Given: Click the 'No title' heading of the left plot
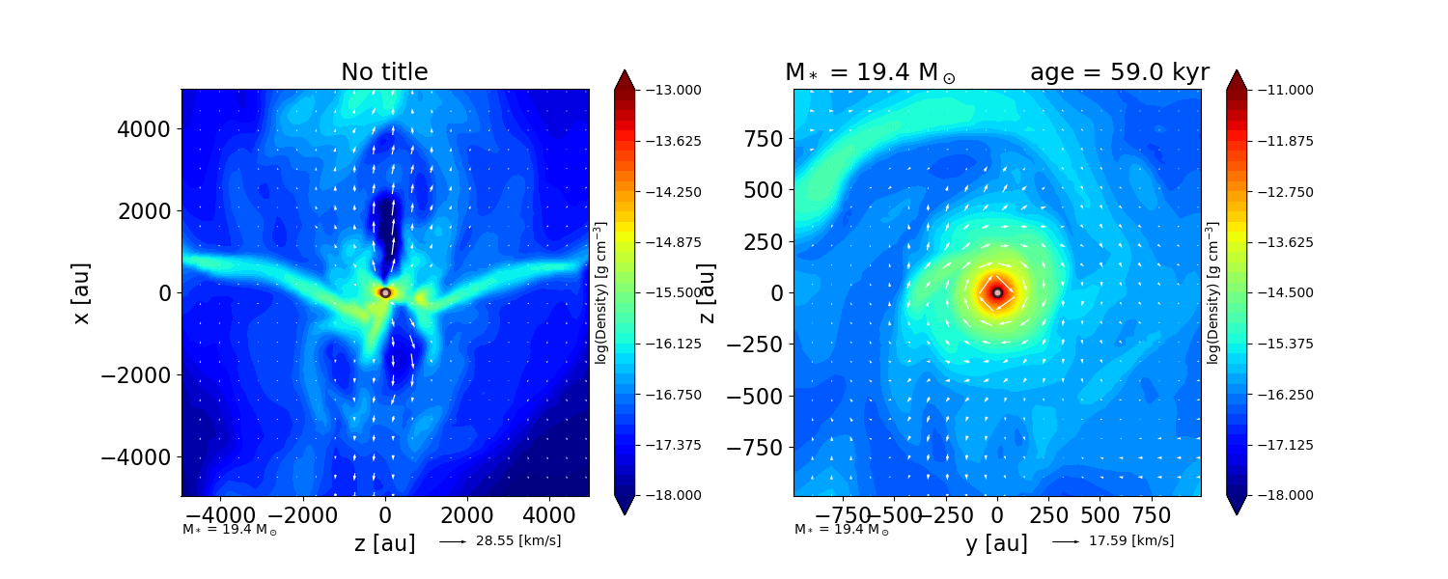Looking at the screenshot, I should click(384, 72).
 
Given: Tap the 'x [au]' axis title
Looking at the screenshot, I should click(82, 292).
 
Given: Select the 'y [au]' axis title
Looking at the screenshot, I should click(996, 544).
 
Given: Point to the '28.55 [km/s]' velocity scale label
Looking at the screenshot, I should click(518, 541).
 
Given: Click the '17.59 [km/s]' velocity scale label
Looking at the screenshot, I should click(1131, 541).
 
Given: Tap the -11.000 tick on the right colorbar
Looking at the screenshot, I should click(1279, 90).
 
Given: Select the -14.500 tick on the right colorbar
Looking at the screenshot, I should click(1279, 292).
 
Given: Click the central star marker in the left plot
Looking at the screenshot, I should click(385, 292).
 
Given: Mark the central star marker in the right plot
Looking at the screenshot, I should click(997, 292).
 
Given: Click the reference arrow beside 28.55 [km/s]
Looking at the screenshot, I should click(453, 541).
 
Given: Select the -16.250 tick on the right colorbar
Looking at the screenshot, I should click(1279, 394).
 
